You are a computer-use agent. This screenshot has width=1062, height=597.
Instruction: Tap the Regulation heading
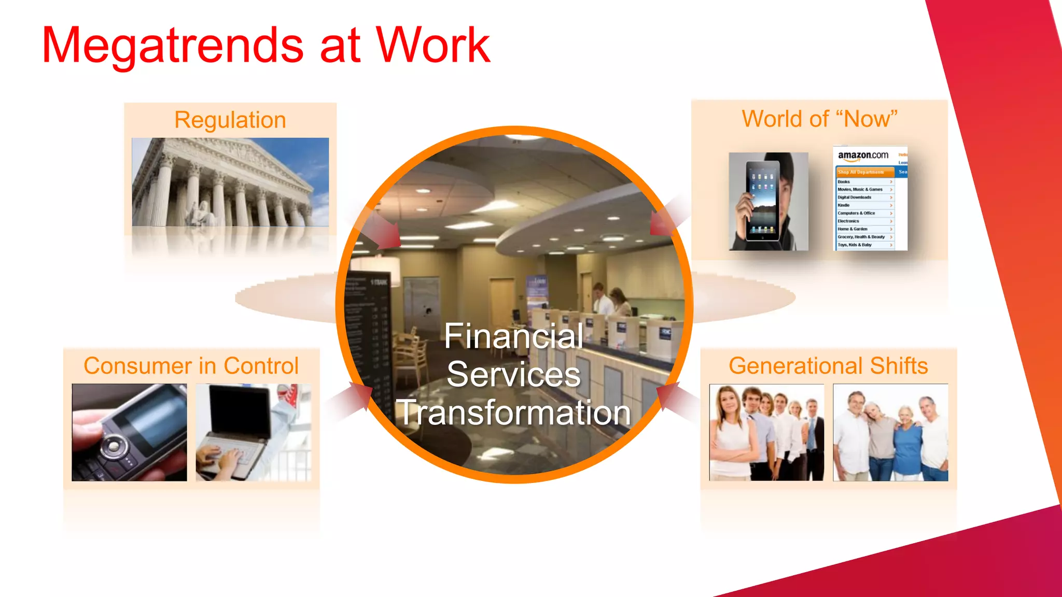pyautogui.click(x=230, y=120)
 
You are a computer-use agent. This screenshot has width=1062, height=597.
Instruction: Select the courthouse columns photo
pyautogui.click(x=230, y=182)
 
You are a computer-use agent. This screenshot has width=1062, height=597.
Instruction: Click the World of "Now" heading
pyautogui.click(x=819, y=119)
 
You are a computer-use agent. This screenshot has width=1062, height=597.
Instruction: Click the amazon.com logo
pyautogui.click(x=863, y=155)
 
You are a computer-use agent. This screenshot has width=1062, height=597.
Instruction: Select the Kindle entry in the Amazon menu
pyautogui.click(x=844, y=205)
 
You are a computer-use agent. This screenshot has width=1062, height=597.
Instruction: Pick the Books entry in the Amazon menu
pyautogui.click(x=844, y=182)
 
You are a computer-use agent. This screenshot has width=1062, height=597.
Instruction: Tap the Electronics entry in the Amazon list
pyautogui.click(x=848, y=221)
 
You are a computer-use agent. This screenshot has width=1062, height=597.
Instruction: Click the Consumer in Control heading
pyautogui.click(x=191, y=366)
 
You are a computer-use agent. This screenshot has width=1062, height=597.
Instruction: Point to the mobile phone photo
pyautogui.click(x=129, y=432)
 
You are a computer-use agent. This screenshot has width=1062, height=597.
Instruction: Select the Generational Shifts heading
pyautogui.click(x=828, y=366)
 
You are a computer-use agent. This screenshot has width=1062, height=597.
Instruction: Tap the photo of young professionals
pyautogui.click(x=766, y=432)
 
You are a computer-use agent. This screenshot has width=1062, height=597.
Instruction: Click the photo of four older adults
pyautogui.click(x=890, y=432)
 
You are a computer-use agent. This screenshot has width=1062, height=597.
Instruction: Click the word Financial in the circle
pyautogui.click(x=513, y=336)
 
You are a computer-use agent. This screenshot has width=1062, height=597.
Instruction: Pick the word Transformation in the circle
pyautogui.click(x=513, y=413)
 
